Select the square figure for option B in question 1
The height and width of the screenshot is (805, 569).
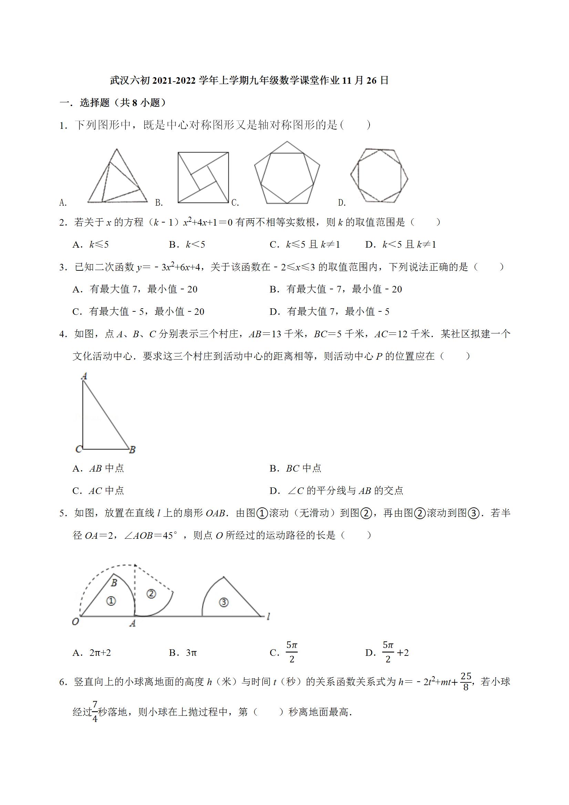(203, 177)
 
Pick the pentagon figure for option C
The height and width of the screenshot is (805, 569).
(287, 173)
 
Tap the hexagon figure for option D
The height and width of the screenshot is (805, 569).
(379, 175)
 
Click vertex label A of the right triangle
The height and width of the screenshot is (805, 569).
(84, 376)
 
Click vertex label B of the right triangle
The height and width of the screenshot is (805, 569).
(132, 450)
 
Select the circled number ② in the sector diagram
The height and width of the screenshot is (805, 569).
(151, 594)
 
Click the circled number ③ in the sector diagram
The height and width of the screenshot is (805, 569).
(224, 602)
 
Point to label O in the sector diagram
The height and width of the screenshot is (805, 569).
(75, 622)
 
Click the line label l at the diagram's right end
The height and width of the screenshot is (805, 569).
(268, 616)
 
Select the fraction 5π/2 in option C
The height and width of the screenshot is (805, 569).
(292, 652)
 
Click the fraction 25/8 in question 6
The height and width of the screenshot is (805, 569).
(466, 682)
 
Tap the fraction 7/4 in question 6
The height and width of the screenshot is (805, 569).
(95, 712)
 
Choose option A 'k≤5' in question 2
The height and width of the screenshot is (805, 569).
(91, 244)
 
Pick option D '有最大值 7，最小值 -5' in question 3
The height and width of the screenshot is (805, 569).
(330, 311)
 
